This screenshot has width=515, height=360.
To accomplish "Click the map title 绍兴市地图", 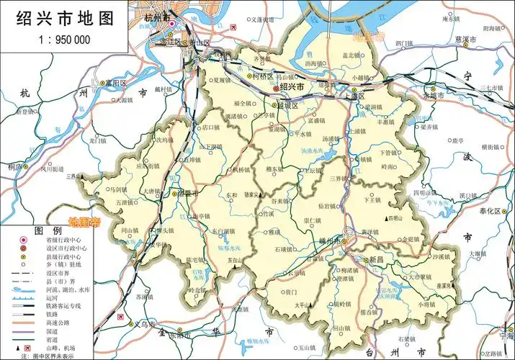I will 58,16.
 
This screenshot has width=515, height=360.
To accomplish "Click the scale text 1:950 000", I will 58,40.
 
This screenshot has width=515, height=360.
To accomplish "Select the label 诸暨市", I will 186,193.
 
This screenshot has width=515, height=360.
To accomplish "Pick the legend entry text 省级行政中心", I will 68,240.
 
